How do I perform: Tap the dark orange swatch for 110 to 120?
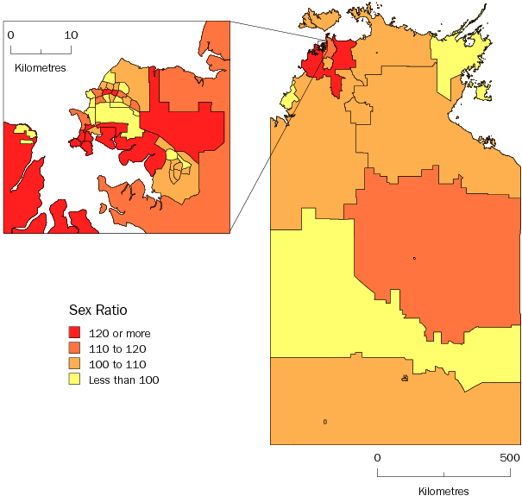pos(74,348)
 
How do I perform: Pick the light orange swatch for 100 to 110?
pos(74,364)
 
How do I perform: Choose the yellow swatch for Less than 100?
pos(74,380)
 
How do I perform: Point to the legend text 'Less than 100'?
pos(123,380)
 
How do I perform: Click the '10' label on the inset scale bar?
pos(71,35)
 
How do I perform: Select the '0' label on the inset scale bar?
pos(10,35)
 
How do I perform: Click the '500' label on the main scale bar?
pos(508,457)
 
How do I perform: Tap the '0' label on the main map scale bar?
pos(377,457)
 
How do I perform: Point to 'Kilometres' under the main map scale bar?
pos(443,490)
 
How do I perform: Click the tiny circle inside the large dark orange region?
pos(415,258)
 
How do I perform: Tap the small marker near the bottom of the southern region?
pos(324,421)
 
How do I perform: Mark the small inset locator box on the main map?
pos(323,45)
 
